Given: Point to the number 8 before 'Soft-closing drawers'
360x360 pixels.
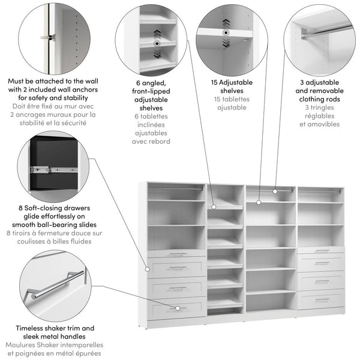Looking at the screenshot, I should [20, 208].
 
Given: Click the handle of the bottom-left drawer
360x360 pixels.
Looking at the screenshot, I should [177, 308].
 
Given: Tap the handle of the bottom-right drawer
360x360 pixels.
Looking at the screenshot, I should [322, 299].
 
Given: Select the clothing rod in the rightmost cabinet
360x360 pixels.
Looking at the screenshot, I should [321, 192].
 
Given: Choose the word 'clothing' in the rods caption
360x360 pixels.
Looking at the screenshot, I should [317, 99].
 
